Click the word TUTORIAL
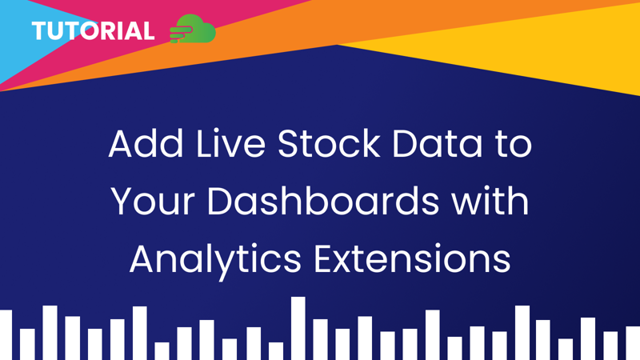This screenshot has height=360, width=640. click(x=93, y=32)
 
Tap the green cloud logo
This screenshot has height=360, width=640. click(x=194, y=30)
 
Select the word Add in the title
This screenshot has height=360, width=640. click(x=142, y=144)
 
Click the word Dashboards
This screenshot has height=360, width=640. click(x=323, y=202)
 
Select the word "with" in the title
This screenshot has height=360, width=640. click(x=490, y=202)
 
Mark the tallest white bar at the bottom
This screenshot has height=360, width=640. click(x=298, y=328)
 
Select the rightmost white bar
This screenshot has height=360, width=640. click(x=633, y=342)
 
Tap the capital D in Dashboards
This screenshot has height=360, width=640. click(x=221, y=202)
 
